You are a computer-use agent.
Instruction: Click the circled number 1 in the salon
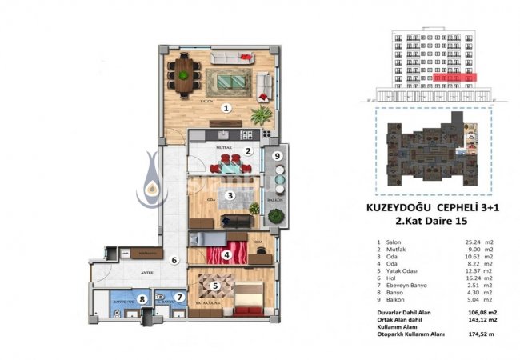226,107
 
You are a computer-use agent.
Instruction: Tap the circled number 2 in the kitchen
249,151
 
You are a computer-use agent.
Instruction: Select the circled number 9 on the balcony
277,156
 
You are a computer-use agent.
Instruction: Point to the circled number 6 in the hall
173,260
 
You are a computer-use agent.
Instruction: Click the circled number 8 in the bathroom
142,300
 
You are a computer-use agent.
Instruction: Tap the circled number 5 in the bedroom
215,282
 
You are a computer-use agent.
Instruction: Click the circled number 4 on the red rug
227,256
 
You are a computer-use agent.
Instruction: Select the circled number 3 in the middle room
230,194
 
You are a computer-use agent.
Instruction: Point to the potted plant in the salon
262,114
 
